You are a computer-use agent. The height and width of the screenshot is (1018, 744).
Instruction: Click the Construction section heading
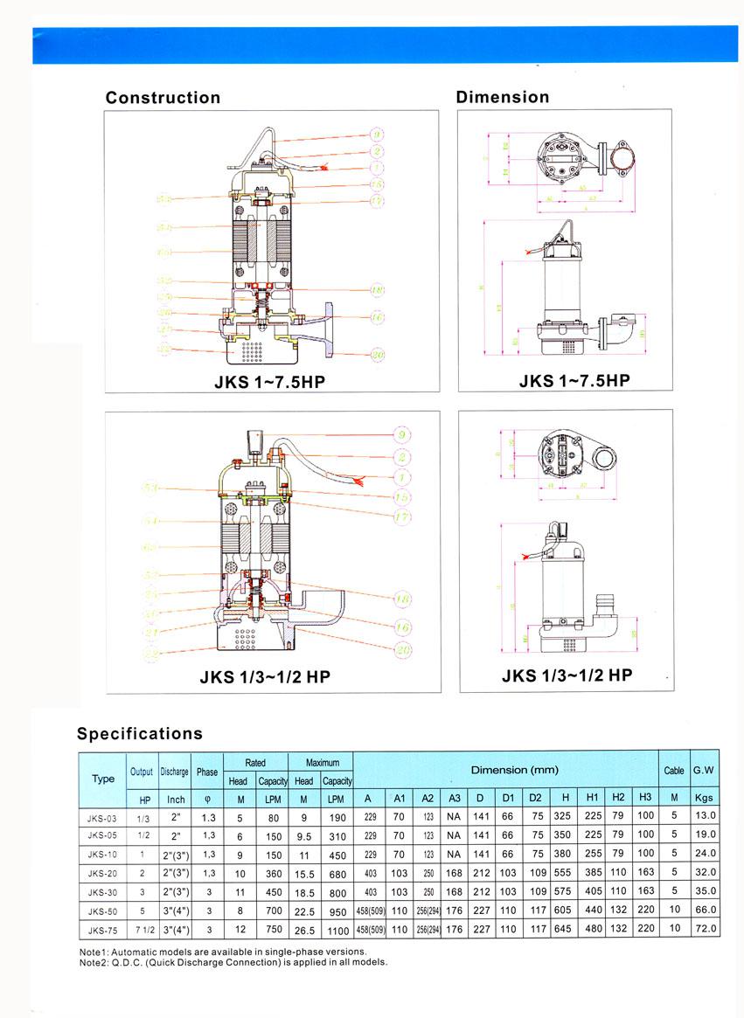[x=163, y=98]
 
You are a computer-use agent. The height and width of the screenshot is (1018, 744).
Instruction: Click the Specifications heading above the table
[x=139, y=733]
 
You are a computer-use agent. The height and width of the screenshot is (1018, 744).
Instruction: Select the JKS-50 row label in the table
[x=102, y=910]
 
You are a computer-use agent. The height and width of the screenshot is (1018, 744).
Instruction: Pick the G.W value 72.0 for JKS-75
[x=705, y=928]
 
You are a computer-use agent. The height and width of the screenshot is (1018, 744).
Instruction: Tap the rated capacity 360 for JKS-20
[x=271, y=871]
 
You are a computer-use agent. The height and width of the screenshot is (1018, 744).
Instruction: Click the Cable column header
[x=674, y=771]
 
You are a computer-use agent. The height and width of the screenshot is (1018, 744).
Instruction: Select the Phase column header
[x=207, y=772]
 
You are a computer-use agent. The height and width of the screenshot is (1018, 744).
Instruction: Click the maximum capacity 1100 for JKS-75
[x=337, y=928]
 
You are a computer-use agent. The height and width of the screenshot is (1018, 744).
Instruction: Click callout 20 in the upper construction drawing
[x=378, y=354]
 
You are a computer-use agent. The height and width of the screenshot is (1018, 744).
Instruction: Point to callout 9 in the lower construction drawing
[x=401, y=434]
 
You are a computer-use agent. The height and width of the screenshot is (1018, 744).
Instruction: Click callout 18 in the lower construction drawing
[x=402, y=599]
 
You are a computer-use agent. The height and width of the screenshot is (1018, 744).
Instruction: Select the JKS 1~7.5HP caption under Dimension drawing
[x=574, y=380]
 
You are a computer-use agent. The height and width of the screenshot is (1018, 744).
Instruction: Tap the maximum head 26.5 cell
[x=303, y=928]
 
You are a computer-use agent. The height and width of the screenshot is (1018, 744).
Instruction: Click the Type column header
[x=103, y=779]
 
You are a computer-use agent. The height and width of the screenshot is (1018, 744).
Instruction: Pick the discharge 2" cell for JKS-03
[x=175, y=815]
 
